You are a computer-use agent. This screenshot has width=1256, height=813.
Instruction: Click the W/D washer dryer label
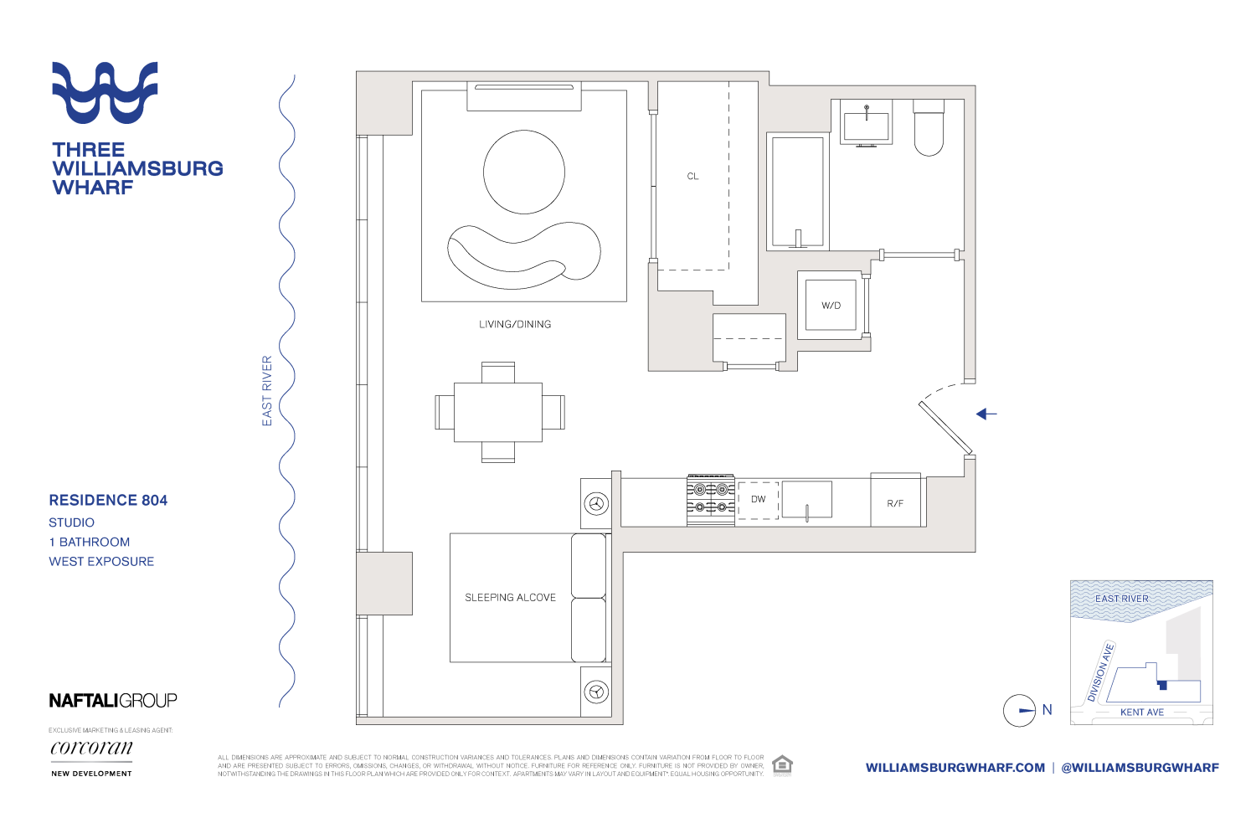pos(831,306)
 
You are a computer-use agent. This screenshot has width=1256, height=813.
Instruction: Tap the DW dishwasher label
pos(758,499)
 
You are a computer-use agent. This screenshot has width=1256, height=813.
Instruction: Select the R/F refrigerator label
pos(895,503)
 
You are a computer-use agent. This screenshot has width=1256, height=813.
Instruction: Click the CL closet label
pos(692,177)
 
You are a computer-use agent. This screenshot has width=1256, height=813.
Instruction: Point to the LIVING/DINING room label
pos(515,324)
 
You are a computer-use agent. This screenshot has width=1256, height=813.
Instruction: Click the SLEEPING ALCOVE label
pos(510,597)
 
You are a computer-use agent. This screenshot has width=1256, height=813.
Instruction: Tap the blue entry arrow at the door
pos(986,414)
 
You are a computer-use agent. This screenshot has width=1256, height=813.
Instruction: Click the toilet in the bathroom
pos(929,130)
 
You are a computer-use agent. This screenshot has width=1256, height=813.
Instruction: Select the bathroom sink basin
pos(866,126)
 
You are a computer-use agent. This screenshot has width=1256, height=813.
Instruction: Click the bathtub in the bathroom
pos(798,193)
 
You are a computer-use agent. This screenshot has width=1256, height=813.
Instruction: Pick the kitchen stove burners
pos(710,499)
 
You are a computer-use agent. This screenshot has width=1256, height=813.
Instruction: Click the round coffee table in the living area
pos(524,172)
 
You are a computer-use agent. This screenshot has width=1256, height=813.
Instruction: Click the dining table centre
pos(498,412)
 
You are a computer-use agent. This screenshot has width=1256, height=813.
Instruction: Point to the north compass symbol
pos(1020,711)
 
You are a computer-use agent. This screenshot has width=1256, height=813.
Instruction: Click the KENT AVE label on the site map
pos(1142,713)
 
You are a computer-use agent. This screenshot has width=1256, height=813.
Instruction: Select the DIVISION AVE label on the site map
pos(1101,671)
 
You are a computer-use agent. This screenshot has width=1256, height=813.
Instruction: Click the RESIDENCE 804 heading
pos(108,500)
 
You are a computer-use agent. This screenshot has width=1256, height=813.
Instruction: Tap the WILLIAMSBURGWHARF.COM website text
pos(955,768)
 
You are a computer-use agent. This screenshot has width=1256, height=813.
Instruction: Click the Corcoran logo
pos(91,748)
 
